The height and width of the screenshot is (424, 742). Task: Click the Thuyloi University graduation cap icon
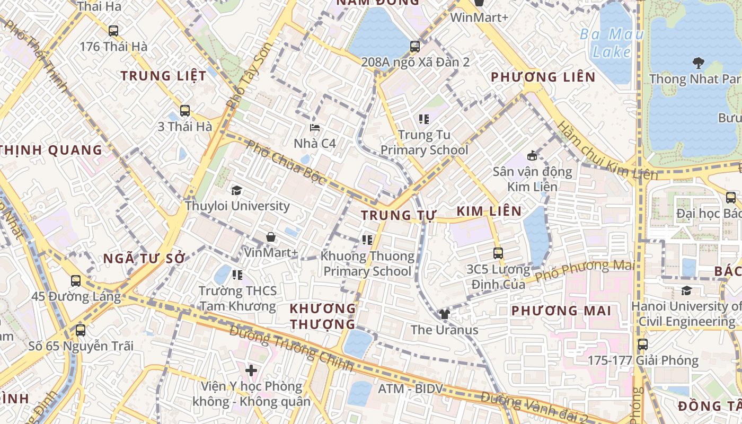(x=236, y=190)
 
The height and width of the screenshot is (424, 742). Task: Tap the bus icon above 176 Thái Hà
(x=113, y=31)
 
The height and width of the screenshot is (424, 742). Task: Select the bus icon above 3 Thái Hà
(x=184, y=111)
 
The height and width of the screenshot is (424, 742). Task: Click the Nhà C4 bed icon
(x=315, y=128)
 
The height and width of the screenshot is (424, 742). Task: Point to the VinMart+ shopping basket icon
(x=271, y=236)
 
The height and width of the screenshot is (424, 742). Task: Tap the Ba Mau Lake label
(x=612, y=43)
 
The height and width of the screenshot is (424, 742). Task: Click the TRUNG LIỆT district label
(x=163, y=76)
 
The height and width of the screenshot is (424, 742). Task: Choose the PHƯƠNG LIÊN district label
(x=543, y=77)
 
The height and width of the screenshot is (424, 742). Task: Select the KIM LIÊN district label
(x=489, y=211)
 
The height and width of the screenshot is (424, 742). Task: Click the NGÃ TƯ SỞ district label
(x=144, y=259)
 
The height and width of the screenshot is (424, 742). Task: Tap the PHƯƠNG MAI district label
(x=561, y=311)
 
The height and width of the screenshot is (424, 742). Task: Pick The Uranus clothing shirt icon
(x=444, y=314)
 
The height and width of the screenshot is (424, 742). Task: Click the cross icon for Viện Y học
(x=251, y=370)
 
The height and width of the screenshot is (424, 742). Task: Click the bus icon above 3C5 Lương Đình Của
(x=498, y=253)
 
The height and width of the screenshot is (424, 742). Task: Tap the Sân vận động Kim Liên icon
(x=532, y=156)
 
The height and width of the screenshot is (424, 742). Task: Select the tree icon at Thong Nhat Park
(x=698, y=63)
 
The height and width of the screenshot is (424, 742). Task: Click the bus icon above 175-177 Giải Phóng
(x=642, y=344)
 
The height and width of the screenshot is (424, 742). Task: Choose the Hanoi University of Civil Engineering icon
(x=686, y=290)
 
